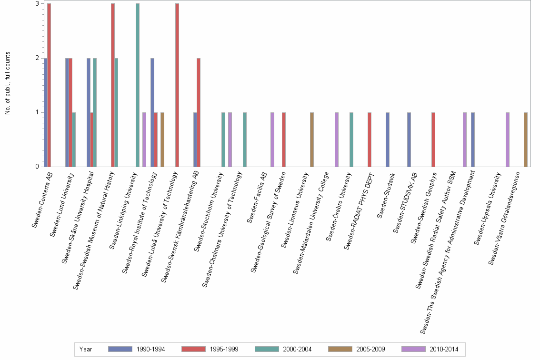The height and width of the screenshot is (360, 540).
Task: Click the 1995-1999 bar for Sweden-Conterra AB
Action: [x=49, y=85]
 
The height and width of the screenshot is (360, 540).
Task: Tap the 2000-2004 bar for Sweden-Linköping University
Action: [x=138, y=85]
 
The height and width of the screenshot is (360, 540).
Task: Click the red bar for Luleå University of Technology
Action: [x=177, y=85]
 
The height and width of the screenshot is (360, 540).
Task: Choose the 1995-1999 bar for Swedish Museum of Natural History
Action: [x=113, y=85]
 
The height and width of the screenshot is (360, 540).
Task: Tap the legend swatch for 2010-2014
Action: [x=413, y=349]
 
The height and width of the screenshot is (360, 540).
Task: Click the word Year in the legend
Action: [x=86, y=349]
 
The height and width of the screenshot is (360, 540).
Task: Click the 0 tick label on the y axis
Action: [x=37, y=167]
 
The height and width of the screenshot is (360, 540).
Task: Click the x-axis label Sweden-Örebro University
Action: [x=340, y=208]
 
